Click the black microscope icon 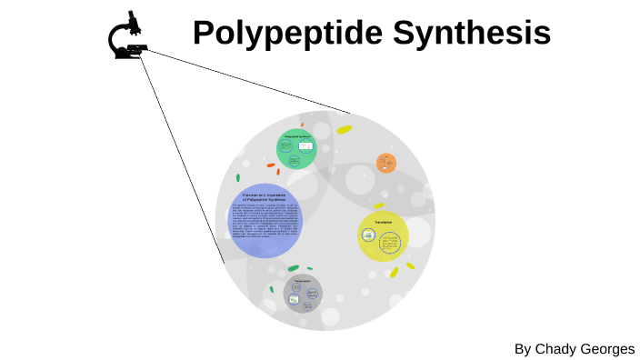click(130, 37)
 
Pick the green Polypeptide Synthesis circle click(296, 149)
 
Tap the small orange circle click(386, 164)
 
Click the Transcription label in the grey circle click(303, 281)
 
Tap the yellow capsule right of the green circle click(344, 130)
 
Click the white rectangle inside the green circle click(305, 146)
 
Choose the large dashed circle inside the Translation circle click(392, 244)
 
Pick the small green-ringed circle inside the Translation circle click(368, 235)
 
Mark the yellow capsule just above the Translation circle click(379, 205)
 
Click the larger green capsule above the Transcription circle click(292, 268)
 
